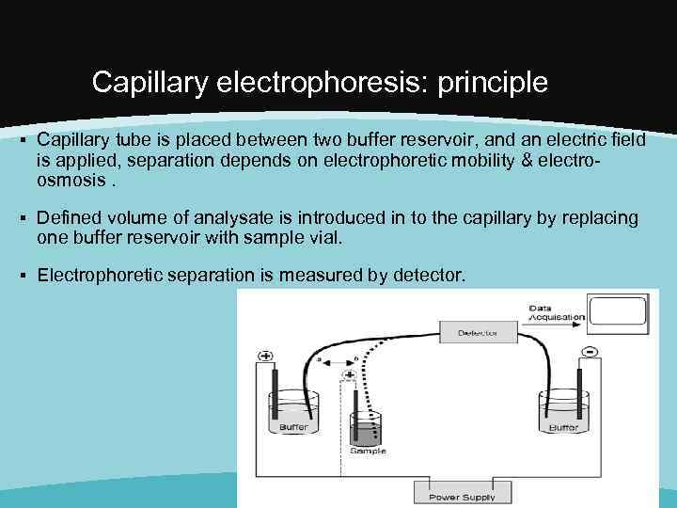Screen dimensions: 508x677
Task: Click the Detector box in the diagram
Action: coord(478,332)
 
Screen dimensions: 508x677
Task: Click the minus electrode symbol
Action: coord(590,352)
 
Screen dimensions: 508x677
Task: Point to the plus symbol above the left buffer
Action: coord(265,357)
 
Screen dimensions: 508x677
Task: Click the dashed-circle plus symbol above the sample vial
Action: coord(350,375)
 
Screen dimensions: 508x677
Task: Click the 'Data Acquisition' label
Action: coord(555,312)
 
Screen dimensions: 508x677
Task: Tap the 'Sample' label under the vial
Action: coord(368,451)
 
